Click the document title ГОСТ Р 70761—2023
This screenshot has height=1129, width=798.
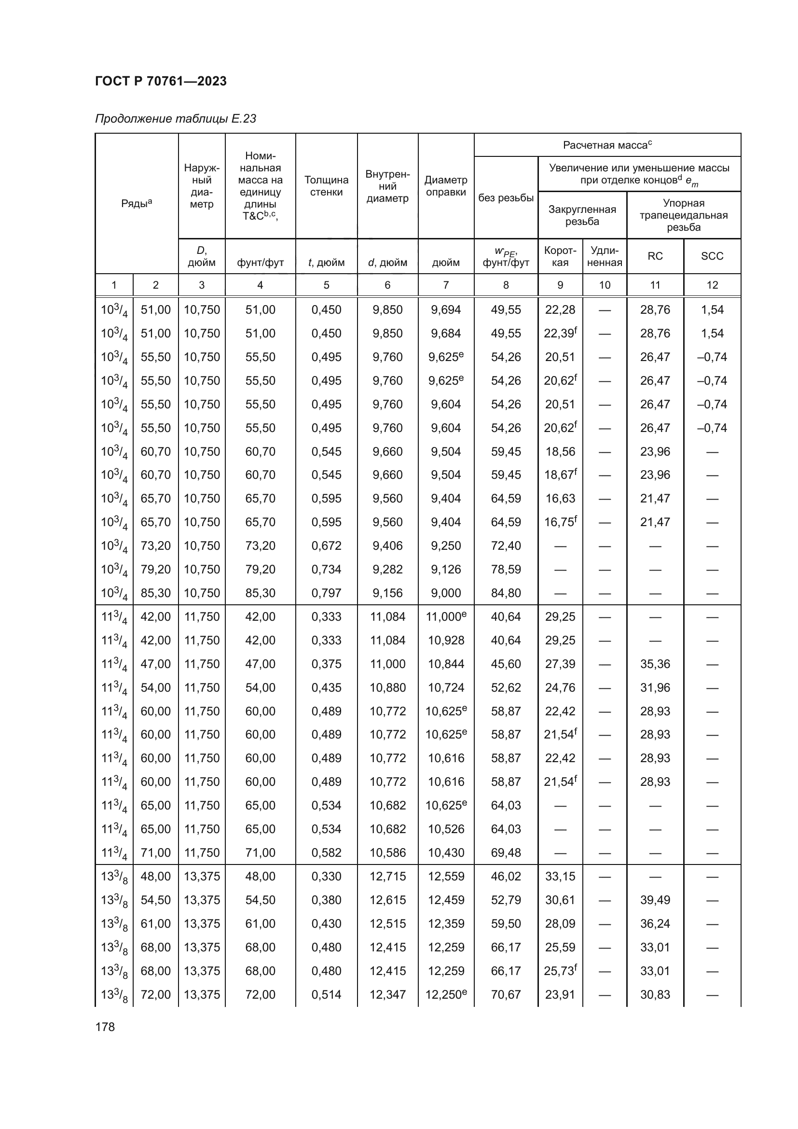[161, 81]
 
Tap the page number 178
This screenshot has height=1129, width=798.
[105, 1027]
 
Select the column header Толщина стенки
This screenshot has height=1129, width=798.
[326, 186]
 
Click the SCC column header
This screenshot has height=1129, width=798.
[712, 256]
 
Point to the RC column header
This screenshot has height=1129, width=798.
[655, 256]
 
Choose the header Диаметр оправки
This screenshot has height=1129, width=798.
[446, 186]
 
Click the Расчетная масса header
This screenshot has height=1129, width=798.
[607, 145]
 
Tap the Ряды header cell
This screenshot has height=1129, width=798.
[137, 203]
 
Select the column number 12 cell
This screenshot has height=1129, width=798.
[712, 285]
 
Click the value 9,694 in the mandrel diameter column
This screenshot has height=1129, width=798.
[446, 310]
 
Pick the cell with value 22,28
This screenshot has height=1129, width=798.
[560, 310]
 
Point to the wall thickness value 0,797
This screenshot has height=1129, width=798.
[326, 593]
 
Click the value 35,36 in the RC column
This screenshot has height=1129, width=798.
[655, 664]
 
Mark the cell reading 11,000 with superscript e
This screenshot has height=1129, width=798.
[446, 616]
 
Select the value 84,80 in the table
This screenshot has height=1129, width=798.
[506, 593]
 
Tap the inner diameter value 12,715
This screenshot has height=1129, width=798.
[388, 876]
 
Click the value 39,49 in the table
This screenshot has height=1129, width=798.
[655, 900]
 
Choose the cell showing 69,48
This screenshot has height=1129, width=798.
[506, 852]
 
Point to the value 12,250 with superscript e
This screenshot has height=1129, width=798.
[446, 994]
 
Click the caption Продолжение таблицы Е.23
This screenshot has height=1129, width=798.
[176, 119]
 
